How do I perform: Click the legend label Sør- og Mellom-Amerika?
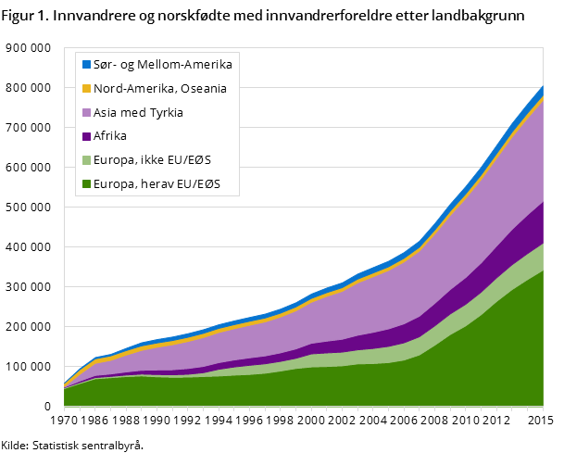click(163, 65)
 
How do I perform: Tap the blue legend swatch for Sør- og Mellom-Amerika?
click(86, 65)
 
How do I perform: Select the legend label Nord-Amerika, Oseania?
click(160, 89)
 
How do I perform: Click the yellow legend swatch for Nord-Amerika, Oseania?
click(86, 89)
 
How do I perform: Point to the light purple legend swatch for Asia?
click(86, 113)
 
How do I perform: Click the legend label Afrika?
click(110, 137)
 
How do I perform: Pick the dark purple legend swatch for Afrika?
click(86, 137)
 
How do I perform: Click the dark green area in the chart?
click(370, 384)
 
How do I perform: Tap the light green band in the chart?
click(500, 278)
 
